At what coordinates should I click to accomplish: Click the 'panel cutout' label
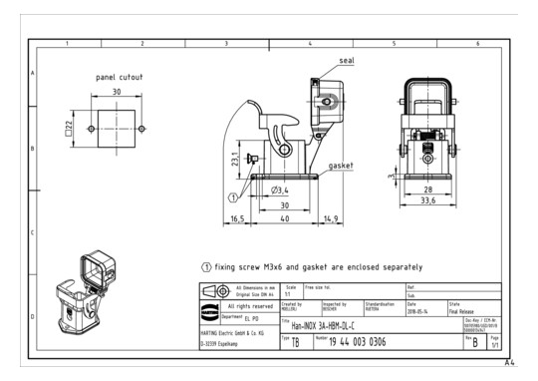pos(120,77)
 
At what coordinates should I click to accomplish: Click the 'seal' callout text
pos(347,61)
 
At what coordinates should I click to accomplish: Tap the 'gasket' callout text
pos(343,165)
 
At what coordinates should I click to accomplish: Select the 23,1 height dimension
pos(234,158)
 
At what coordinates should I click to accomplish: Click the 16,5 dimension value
pos(237,218)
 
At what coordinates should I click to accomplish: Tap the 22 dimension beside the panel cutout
pos(70,128)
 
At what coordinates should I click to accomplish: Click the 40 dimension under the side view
pos(284,218)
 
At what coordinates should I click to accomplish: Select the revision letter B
pos(503,342)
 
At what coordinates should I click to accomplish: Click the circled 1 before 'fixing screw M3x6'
pos(206,267)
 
